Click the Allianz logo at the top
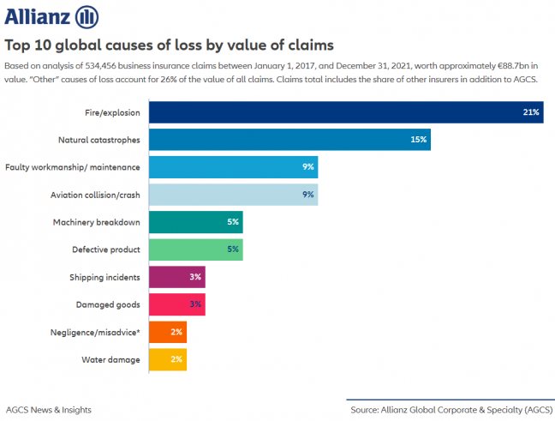[x=52, y=16]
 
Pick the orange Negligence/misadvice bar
[x=168, y=332]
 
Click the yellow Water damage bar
[x=168, y=359]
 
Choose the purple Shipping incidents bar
[x=177, y=277]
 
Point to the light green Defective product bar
[x=196, y=250]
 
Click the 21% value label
[x=531, y=112]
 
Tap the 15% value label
[x=419, y=139]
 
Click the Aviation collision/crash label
[x=98, y=195]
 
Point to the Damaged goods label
[x=110, y=304]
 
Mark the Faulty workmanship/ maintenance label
[x=73, y=167]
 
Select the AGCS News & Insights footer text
[x=49, y=409]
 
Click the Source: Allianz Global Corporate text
[x=450, y=409]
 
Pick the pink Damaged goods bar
[x=177, y=304]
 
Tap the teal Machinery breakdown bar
[x=196, y=222]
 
